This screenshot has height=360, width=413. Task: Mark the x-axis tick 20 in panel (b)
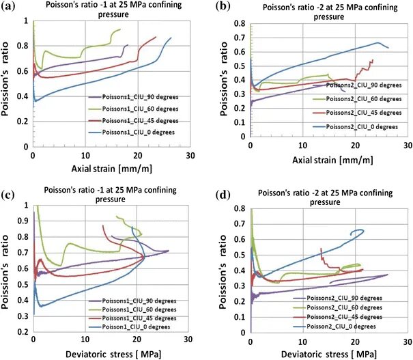[355, 146]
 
